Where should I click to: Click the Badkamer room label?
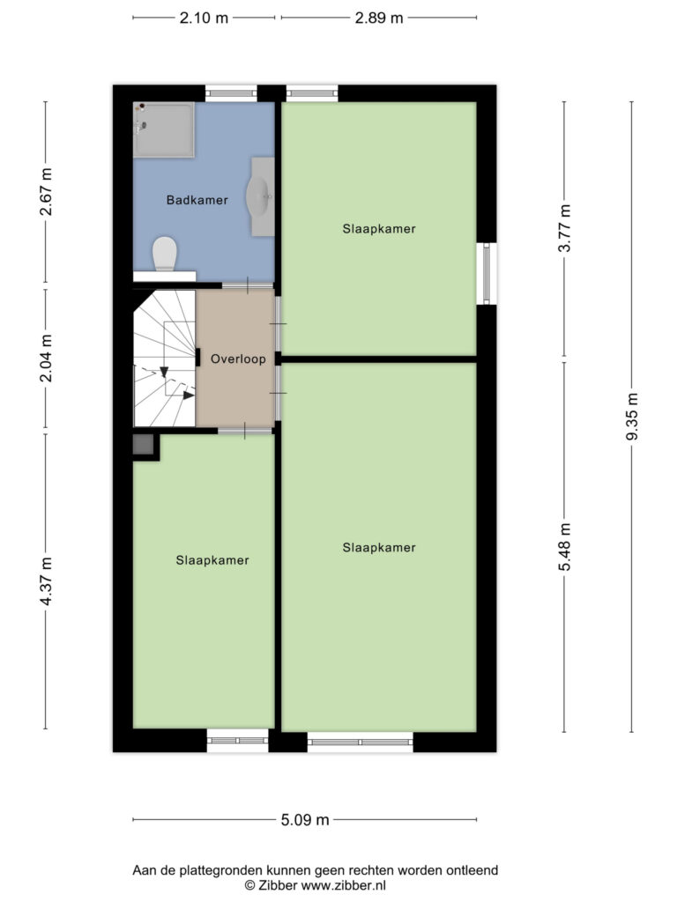point(197,200)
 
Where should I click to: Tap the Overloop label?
point(238,359)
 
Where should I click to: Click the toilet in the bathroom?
point(165,254)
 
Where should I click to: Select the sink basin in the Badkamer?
point(259,196)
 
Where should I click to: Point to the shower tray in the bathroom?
point(163,130)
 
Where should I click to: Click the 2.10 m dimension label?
point(204,18)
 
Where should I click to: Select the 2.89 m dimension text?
point(379,18)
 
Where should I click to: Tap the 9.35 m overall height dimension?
point(632,417)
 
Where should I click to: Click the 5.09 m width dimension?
point(305,820)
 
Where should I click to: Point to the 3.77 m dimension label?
point(565,228)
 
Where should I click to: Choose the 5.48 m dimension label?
point(565,547)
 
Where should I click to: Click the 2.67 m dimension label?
point(46,192)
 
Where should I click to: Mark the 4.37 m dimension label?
point(46,581)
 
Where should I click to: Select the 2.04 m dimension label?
point(46,359)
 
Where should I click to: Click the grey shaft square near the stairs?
point(143,445)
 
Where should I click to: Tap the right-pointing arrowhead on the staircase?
point(189,396)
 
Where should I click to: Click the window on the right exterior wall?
point(487,273)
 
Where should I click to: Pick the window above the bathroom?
point(232,93)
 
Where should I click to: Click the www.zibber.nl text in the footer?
point(344,885)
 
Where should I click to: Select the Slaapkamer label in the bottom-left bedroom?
point(212,560)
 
